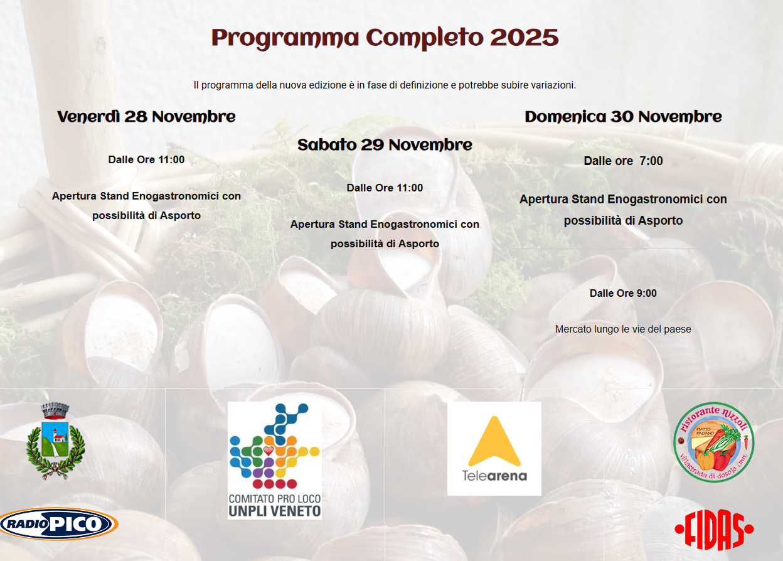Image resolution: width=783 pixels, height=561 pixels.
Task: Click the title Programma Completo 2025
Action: click(x=385, y=38)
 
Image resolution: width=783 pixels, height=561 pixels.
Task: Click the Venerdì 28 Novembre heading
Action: click(x=146, y=117)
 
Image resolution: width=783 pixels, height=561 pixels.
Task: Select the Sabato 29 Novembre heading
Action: click(x=385, y=145)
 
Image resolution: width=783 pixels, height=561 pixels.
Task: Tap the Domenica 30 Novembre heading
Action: click(x=623, y=117)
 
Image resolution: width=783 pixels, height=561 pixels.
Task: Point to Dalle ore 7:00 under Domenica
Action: click(x=623, y=161)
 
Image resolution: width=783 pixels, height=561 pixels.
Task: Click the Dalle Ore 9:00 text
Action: click(x=623, y=294)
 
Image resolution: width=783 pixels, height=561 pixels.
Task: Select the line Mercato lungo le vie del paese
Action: click(x=623, y=329)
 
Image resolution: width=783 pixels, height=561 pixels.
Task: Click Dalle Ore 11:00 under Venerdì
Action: click(x=146, y=159)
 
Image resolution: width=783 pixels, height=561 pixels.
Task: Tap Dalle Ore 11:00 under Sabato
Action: click(x=385, y=188)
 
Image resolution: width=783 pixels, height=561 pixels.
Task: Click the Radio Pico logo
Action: click(x=58, y=524)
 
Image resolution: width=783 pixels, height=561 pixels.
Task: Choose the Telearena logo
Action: click(x=494, y=449)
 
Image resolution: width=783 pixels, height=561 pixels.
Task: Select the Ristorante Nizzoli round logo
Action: click(x=713, y=442)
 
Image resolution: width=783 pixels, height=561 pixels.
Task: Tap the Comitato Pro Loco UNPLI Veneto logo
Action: click(x=274, y=460)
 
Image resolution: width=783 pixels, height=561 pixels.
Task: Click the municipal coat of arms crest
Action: click(x=55, y=441)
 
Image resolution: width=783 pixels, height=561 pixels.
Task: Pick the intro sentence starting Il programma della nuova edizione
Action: click(x=385, y=85)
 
